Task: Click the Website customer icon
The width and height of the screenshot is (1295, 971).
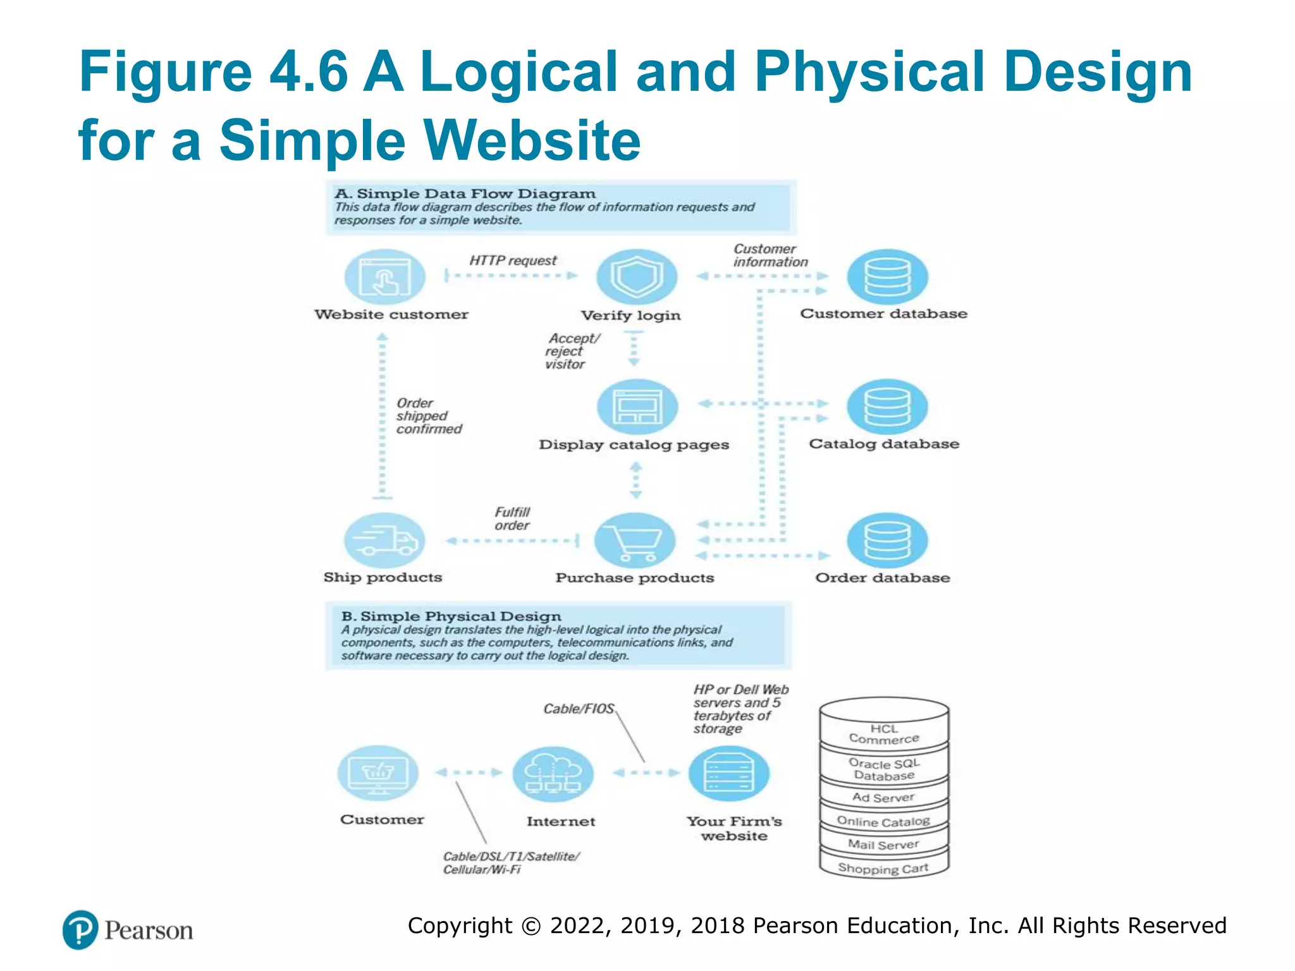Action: tap(384, 277)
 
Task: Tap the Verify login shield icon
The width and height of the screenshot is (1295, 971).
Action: tap(636, 277)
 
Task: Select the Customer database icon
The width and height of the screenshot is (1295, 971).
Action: tap(887, 277)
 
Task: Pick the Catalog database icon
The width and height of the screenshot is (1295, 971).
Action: tap(887, 407)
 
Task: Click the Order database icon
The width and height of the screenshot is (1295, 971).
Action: tap(887, 540)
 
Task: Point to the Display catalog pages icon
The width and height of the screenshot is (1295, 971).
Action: tap(637, 407)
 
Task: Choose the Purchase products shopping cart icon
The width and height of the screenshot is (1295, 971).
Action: tap(635, 540)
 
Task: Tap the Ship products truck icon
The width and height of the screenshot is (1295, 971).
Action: tap(384, 540)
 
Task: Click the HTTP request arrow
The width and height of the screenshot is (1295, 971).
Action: tap(511, 276)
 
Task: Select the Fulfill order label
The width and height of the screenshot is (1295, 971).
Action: tap(512, 519)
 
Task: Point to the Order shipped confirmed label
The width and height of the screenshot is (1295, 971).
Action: tap(428, 416)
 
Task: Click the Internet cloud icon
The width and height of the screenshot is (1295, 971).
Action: tap(553, 774)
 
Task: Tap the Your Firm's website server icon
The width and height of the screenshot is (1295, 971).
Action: tap(728, 774)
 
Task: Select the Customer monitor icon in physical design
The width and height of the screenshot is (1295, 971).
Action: tap(377, 773)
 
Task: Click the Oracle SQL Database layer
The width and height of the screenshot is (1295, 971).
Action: tap(884, 769)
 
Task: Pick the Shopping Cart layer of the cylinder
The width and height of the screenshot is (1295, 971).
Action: tap(883, 869)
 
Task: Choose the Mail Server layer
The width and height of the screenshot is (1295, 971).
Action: tap(883, 845)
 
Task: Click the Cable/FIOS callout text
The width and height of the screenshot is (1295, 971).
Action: tap(579, 709)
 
